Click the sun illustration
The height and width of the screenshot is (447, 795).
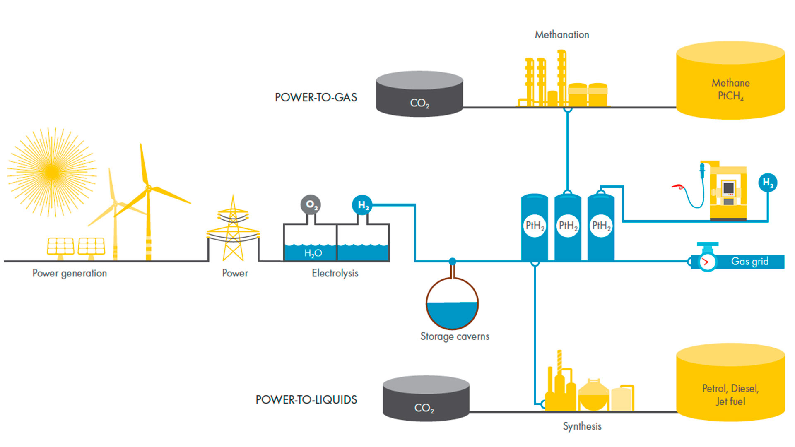52,172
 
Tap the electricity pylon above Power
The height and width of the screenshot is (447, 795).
233,230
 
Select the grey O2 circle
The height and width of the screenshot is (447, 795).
311,204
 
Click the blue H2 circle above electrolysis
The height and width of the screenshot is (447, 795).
362,204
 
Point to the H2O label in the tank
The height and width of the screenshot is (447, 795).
313,253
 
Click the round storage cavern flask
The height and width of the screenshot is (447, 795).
452,304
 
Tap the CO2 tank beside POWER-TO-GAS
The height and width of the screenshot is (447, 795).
419,94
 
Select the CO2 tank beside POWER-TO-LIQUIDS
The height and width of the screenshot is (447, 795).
426,399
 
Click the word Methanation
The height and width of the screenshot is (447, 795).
562,35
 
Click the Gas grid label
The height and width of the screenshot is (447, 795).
749,262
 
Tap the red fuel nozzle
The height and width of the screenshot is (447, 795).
678,187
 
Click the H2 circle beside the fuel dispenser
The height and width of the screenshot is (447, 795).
768,183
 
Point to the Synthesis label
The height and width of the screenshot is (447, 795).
582,426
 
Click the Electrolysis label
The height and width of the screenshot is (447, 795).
335,273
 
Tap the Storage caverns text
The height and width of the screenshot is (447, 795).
455,336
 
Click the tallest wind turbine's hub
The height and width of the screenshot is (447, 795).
148,188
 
